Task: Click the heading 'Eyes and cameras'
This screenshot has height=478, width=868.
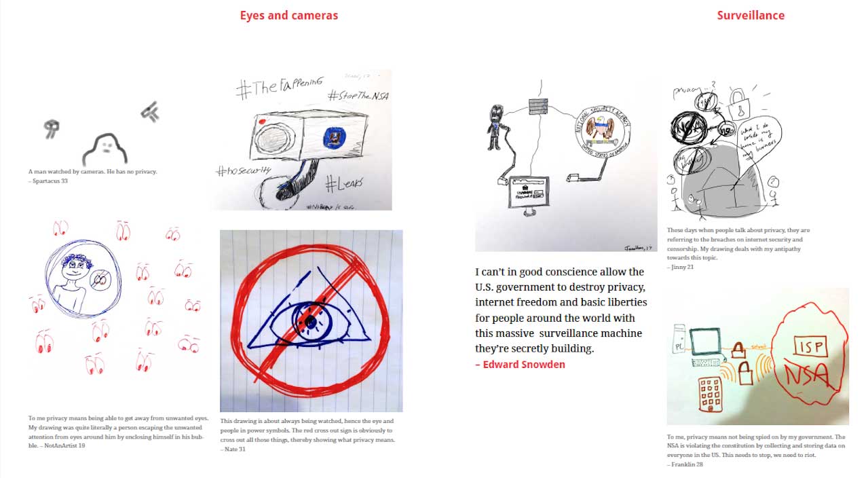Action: click(x=288, y=15)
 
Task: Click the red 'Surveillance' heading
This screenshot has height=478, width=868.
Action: click(x=750, y=15)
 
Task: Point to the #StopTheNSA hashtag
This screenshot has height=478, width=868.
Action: click(x=358, y=96)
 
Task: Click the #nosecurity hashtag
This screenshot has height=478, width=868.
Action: click(x=244, y=170)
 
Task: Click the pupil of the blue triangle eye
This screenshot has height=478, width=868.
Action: click(x=309, y=320)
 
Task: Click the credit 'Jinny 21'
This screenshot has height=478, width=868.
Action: click(x=682, y=267)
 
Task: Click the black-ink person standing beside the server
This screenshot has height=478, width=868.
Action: click(x=495, y=127)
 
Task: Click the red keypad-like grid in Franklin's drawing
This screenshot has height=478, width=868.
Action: click(x=710, y=395)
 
